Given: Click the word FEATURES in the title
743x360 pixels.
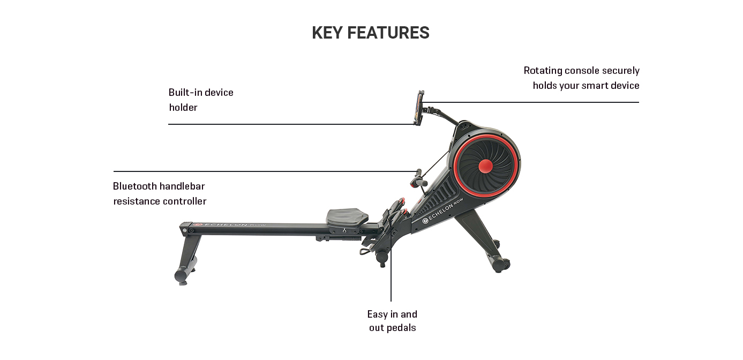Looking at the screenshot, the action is [x=388, y=33].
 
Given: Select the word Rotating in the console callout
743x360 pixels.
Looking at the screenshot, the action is [x=542, y=70].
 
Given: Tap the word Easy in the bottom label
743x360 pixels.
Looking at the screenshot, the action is [x=377, y=314].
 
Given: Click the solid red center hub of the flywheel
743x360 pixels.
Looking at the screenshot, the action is [x=485, y=167].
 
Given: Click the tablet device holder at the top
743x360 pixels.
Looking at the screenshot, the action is [x=418, y=108].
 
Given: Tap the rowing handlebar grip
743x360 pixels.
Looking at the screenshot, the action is [x=419, y=178].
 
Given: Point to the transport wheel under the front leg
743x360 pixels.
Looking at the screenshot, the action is [x=503, y=264].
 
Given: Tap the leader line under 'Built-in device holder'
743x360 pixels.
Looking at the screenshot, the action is [x=289, y=124].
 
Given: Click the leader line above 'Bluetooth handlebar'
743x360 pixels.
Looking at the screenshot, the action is [x=262, y=171].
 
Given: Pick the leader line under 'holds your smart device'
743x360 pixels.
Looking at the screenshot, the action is [x=536, y=102].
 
